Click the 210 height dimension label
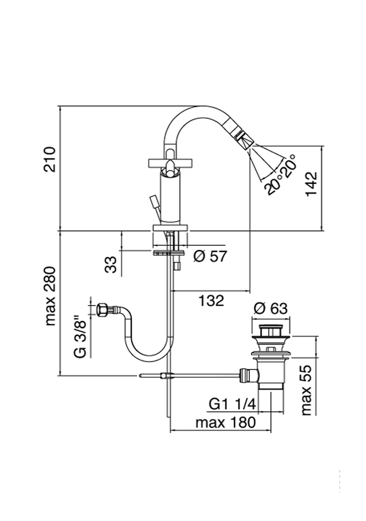tap(50, 159)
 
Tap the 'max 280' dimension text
tap(50, 296)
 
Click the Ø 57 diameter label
tap(209, 257)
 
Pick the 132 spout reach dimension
tap(211, 301)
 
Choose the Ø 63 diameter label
tap(270, 309)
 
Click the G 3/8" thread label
tap(81, 338)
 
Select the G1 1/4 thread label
tap(232, 404)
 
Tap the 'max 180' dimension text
tap(226, 423)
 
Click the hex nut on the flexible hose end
tap(101, 310)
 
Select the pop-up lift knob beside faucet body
tap(154, 201)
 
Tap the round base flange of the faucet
tap(170, 227)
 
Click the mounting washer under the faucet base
tap(169, 253)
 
